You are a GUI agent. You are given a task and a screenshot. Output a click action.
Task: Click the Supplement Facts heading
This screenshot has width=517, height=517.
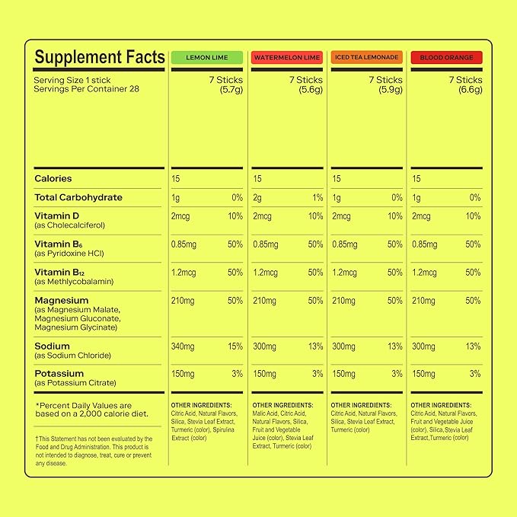coord(99,57)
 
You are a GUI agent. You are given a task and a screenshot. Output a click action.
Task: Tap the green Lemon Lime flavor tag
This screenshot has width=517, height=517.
coord(206,57)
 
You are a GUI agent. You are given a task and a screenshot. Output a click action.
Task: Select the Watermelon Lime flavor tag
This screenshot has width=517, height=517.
coord(286,57)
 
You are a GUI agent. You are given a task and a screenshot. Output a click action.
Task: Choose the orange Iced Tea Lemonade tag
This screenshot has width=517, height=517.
coord(365,57)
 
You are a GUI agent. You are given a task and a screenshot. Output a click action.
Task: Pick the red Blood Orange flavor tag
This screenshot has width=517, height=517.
coord(445,57)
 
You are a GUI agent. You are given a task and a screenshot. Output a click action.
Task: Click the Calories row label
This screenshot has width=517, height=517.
coord(53,179)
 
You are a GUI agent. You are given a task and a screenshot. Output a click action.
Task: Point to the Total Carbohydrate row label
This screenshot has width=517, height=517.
coord(78,198)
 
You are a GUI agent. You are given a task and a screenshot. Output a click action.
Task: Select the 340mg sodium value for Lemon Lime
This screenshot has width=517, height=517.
coord(183,346)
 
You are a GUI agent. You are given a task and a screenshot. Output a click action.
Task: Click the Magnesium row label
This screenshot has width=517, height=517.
coord(61,301)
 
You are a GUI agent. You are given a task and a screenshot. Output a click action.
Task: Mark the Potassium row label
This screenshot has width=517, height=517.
coord(59,374)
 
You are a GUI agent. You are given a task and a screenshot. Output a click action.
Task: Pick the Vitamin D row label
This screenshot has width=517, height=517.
coord(56,215)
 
